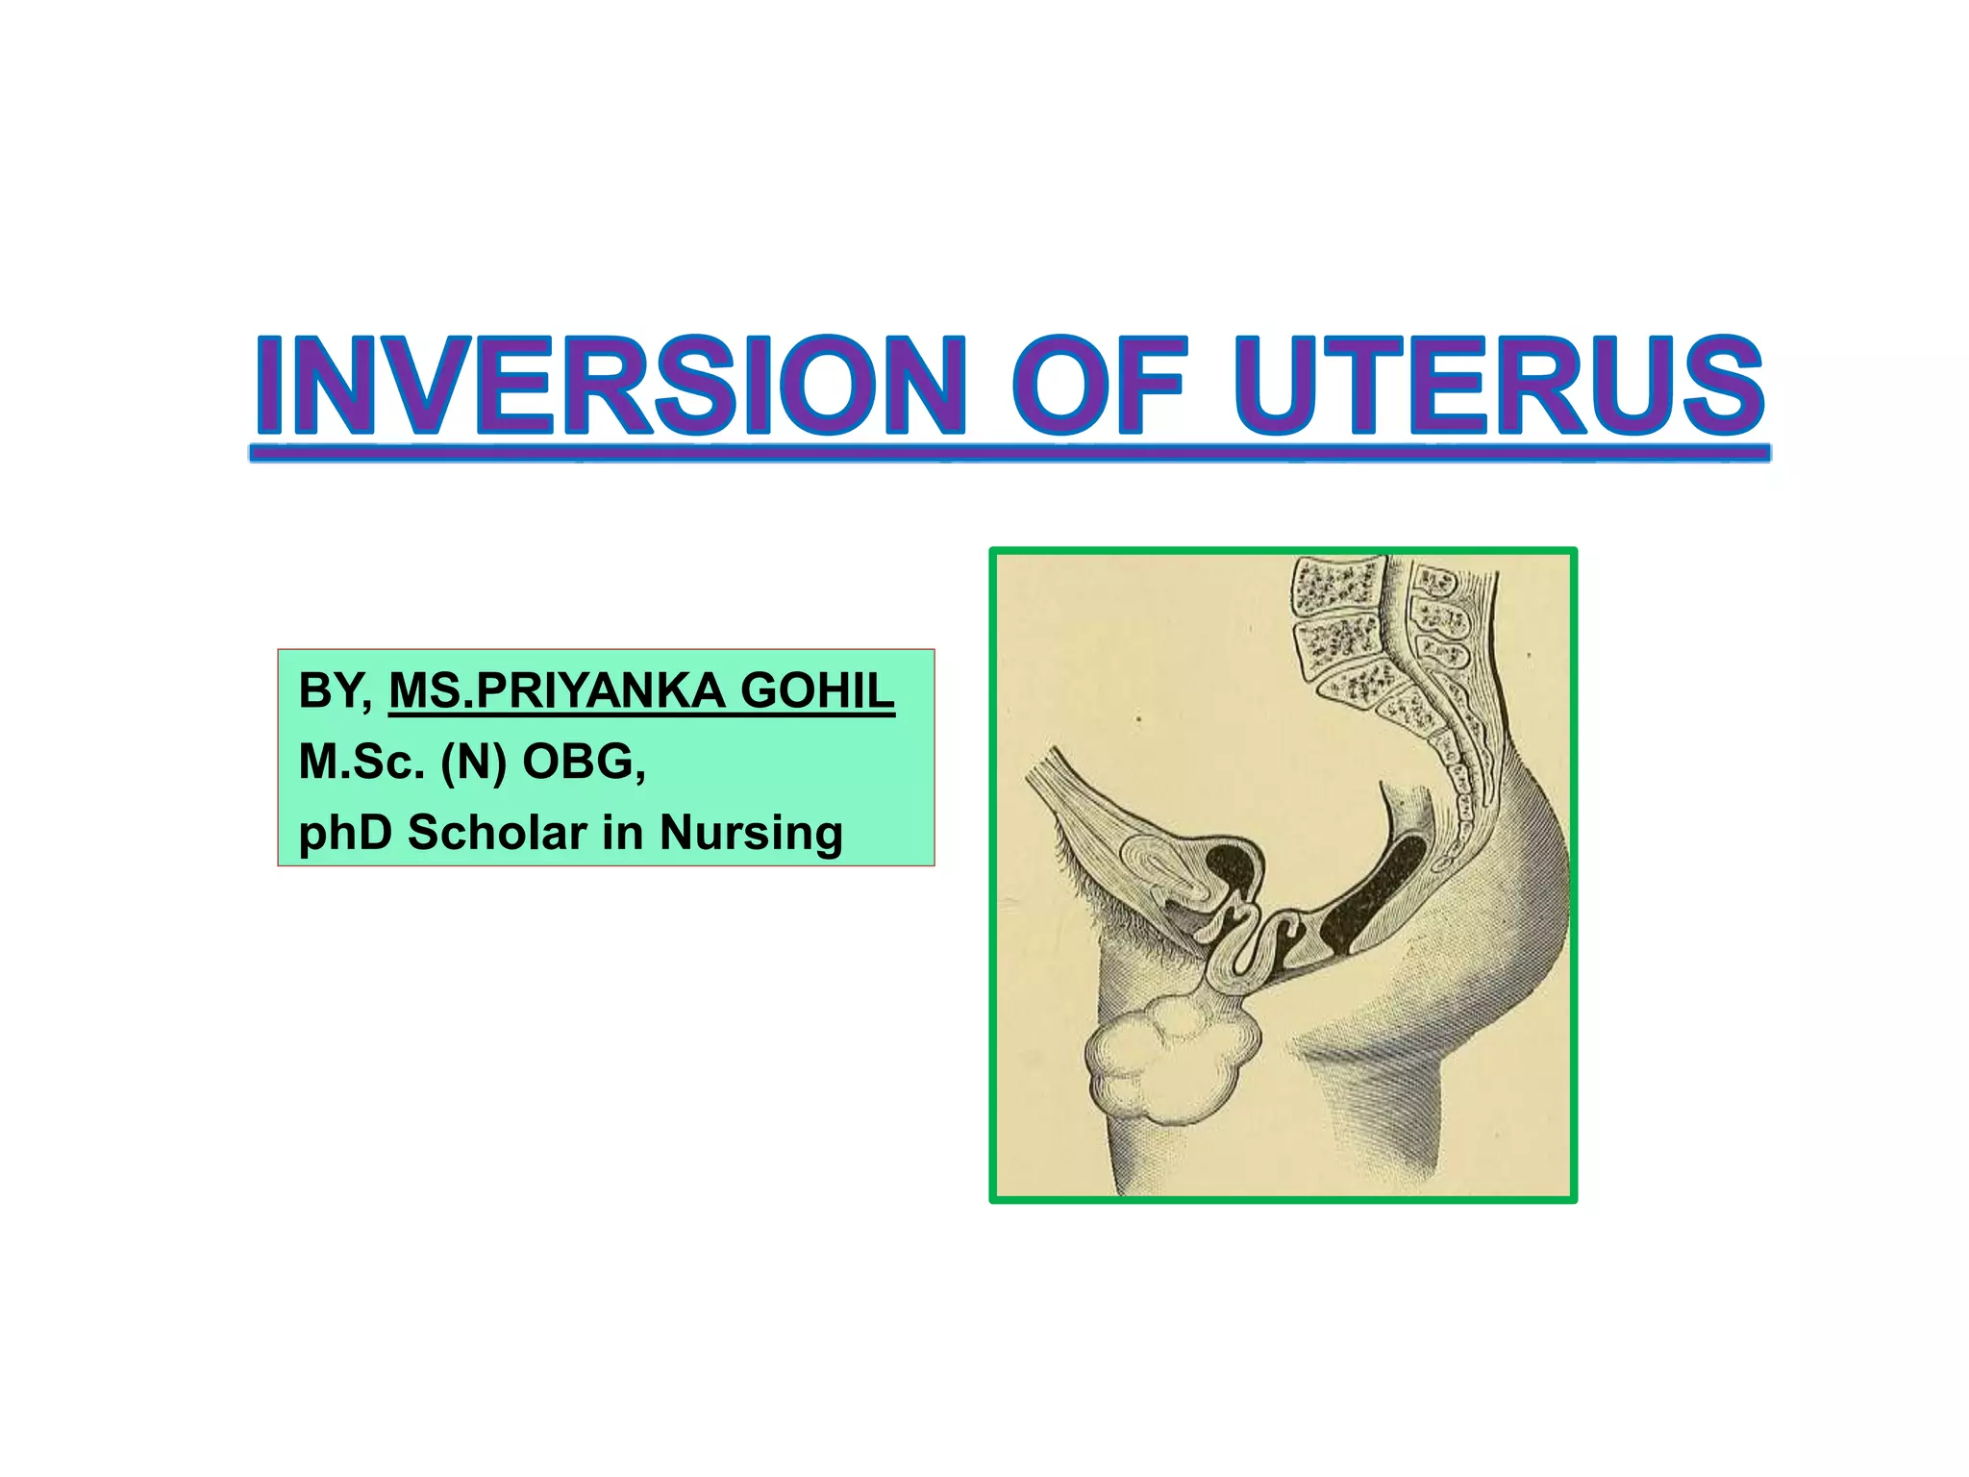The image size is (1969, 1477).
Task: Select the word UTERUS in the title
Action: pyautogui.click(x=1500, y=385)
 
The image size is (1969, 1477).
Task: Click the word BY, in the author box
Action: pyautogui.click(x=336, y=691)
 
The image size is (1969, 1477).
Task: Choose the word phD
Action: pyautogui.click(x=345, y=833)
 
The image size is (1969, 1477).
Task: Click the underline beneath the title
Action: pyautogui.click(x=1009, y=453)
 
